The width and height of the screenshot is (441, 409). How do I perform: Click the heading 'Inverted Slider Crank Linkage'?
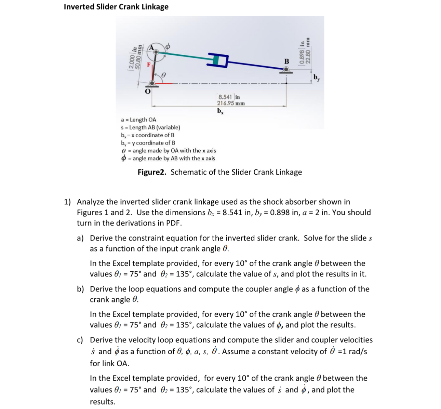click(116, 7)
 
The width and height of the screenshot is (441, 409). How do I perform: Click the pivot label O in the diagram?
click(148, 92)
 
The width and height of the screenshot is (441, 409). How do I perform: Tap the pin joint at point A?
click(156, 52)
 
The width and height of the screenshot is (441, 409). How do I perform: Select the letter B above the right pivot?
click(286, 62)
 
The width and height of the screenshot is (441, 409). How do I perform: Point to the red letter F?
click(149, 64)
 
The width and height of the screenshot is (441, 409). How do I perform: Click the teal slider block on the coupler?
click(216, 60)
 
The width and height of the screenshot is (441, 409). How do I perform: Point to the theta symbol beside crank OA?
click(163, 74)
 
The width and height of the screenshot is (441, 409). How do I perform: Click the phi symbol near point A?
click(168, 46)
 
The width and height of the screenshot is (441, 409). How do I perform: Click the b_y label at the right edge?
click(317, 78)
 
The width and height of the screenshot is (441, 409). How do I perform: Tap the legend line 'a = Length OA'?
click(138, 120)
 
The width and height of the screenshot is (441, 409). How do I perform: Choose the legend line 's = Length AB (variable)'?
click(150, 127)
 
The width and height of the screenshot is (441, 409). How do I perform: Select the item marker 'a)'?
click(80, 238)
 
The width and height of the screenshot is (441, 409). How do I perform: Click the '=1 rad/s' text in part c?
click(352, 352)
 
